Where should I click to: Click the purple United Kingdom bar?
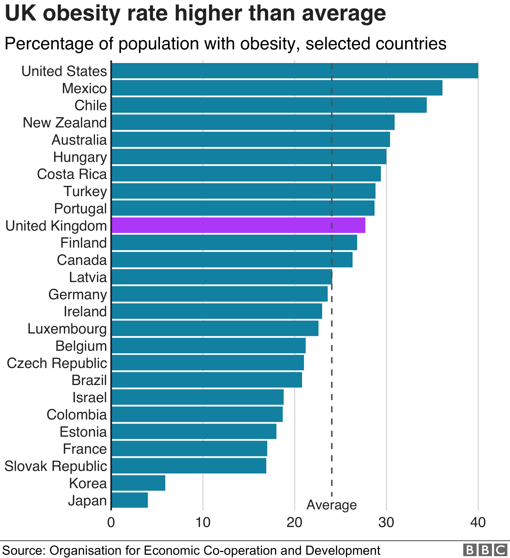pyautogui.click(x=238, y=225)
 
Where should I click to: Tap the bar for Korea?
pyautogui.click(x=138, y=483)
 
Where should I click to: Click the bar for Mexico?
pyautogui.click(x=277, y=88)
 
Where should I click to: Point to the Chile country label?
pyautogui.click(x=90, y=105)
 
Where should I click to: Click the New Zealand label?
pyautogui.click(x=64, y=123)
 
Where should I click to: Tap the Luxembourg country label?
pyautogui.click(x=67, y=329)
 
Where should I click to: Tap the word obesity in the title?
pyautogui.click(x=82, y=14)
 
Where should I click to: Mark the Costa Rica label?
pyautogui.click(x=72, y=174)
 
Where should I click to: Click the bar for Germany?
pyautogui.click(x=219, y=294)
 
